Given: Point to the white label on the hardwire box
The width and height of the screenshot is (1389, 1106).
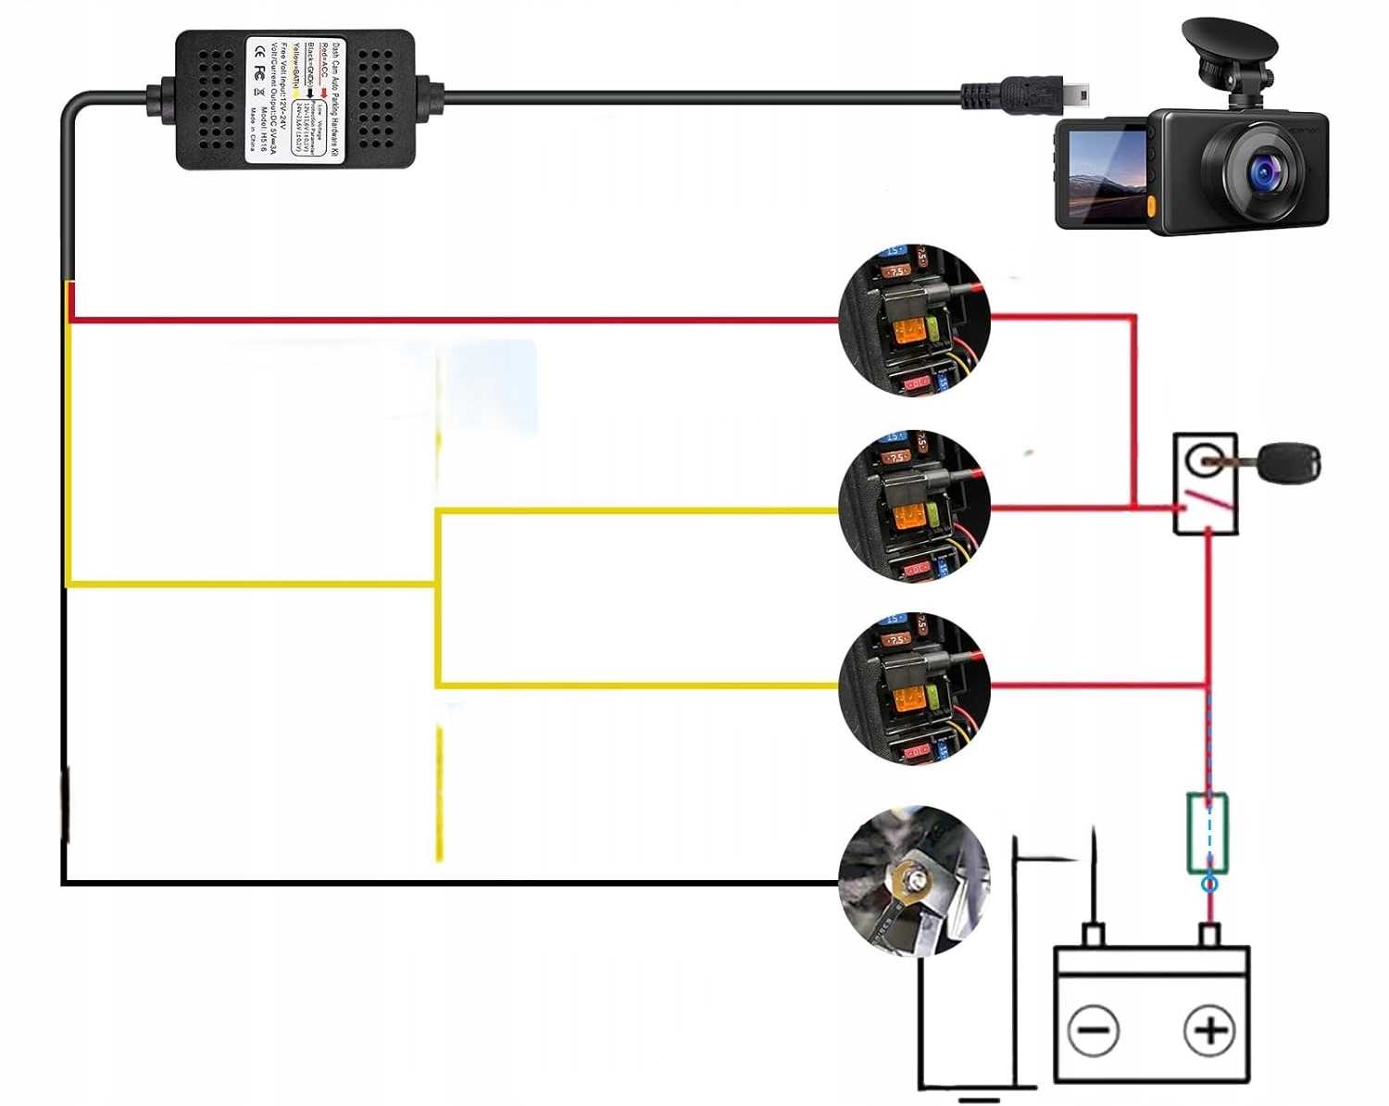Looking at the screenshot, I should coord(294,100).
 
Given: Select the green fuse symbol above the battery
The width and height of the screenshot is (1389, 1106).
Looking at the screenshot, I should coord(1208,833).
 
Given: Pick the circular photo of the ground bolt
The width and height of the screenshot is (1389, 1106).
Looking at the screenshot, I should coord(913,881).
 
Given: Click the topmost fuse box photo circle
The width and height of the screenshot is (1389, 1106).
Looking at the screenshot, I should coord(914,320).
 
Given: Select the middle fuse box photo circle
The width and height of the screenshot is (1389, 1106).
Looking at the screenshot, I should coord(914,506).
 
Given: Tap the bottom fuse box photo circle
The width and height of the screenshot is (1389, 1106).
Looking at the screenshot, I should coord(914,687).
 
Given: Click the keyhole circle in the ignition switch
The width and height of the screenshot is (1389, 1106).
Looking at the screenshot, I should coord(1205,458).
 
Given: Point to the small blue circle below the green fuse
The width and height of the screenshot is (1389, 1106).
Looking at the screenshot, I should coord(1209,884).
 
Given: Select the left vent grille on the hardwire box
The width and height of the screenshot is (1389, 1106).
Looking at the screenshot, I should coord(216,100).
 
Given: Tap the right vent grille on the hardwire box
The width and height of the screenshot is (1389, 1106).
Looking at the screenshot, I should coord(374,100).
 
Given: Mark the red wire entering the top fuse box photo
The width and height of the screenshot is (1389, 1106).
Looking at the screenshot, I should coord(463,320).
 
